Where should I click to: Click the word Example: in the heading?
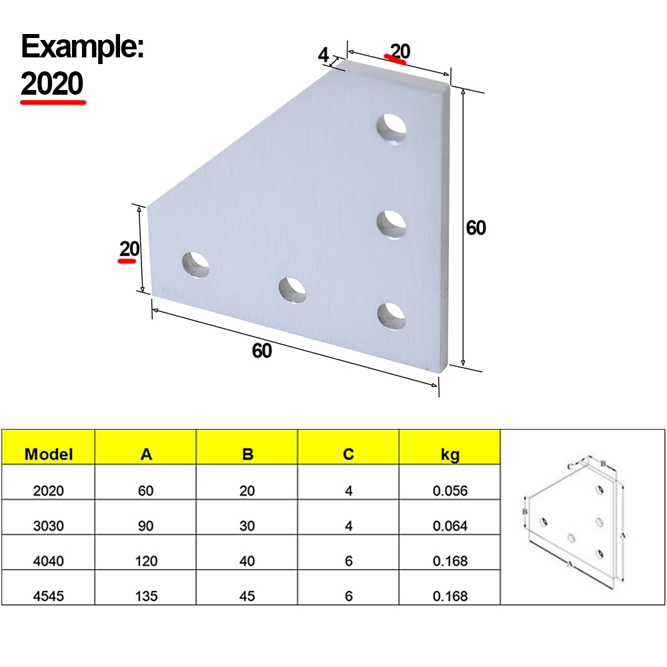83,48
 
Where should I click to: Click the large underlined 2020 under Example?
53,84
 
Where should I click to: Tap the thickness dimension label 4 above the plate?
323,55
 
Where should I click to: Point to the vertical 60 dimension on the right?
476,228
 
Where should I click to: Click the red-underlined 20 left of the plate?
129,249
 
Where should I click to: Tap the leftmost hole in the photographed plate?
195,264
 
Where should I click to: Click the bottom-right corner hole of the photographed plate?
392,315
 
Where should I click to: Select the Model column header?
48,455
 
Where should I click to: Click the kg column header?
450,455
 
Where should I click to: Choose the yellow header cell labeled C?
348,455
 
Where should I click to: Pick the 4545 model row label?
49,596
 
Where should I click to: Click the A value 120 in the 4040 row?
146,561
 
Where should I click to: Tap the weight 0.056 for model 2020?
450,491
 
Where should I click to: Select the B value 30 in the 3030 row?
247,526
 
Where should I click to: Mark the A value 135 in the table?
146,596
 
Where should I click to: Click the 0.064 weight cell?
450,526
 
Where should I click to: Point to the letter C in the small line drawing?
570,466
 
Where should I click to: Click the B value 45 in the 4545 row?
247,596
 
